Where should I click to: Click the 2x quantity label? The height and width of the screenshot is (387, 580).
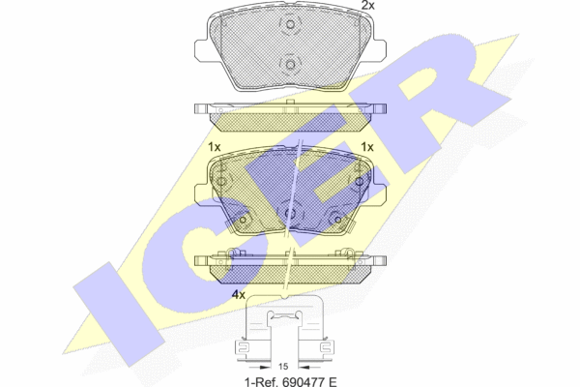367,5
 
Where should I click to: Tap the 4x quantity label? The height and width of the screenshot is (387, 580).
238,295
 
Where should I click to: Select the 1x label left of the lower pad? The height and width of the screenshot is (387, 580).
215,147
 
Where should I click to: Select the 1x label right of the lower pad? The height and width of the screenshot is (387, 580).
367,147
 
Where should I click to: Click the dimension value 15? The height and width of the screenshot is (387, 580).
283,367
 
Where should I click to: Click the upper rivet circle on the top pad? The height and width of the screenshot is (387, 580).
290,24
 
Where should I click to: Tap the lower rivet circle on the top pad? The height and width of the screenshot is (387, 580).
290,65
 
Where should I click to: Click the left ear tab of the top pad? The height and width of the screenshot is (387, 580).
200,49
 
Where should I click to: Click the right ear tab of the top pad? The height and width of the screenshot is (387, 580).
380,49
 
